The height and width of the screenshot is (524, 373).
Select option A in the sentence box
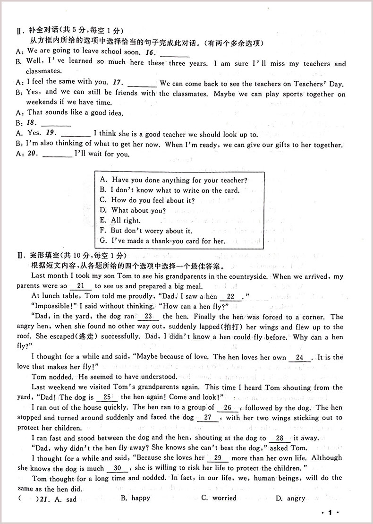(x=173, y=180)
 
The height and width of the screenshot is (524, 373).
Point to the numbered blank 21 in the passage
(x=80, y=286)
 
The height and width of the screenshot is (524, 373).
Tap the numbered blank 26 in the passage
(x=228, y=407)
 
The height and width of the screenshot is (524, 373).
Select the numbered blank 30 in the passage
(x=118, y=468)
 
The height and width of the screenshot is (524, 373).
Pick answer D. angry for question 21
(x=290, y=498)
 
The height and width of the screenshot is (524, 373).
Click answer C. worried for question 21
(x=219, y=498)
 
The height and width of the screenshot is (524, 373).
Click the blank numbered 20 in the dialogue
(x=59, y=155)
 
